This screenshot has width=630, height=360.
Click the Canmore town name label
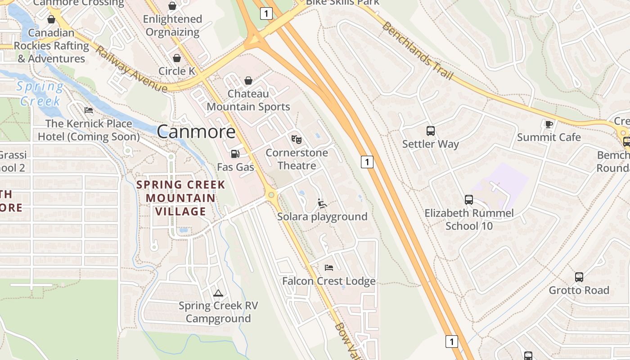[196, 131]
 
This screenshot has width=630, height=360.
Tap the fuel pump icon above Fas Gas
[235, 154]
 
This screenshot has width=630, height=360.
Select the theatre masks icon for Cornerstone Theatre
[296, 139]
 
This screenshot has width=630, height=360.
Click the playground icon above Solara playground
[322, 203]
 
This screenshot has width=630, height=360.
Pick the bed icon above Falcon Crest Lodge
[329, 268]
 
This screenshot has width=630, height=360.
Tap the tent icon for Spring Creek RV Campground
[218, 293]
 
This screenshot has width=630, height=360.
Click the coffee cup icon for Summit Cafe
[549, 124]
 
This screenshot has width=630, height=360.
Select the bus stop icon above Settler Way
[431, 131]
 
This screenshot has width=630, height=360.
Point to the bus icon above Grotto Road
[579, 277]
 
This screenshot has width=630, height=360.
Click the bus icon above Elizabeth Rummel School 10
[469, 200]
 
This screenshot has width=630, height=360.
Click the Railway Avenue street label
[131, 69]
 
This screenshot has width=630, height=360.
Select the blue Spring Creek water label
[40, 94]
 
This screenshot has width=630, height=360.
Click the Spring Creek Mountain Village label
[180, 198]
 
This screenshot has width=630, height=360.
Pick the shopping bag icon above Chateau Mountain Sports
[248, 81]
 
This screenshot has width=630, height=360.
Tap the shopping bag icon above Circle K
[177, 58]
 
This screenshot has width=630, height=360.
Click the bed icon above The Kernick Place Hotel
[89, 110]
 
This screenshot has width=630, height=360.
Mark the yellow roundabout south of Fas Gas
[271, 195]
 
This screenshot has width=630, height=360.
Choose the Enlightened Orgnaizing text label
[172, 26]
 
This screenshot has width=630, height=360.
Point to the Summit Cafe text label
[549, 137]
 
